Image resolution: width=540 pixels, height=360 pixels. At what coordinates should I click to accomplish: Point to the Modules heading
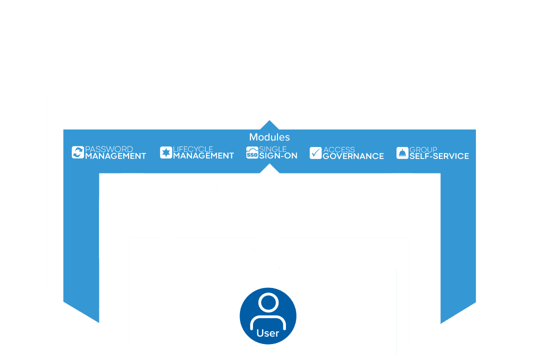coord(269,137)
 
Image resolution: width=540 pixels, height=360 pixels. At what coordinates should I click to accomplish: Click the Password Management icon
coord(77,152)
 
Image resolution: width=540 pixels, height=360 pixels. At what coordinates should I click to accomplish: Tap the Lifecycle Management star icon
coord(165,152)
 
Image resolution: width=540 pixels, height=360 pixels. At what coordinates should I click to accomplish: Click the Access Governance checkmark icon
coord(315,153)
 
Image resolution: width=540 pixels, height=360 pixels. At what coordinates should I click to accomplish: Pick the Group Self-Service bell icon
coord(402,153)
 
